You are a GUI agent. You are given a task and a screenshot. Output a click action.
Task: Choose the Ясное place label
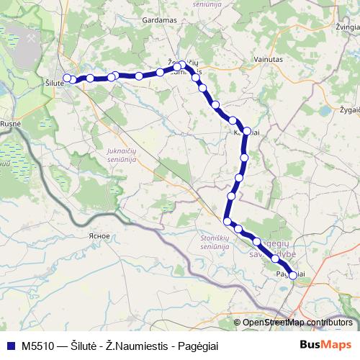[x=97, y=236]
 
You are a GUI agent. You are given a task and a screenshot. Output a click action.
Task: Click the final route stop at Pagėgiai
[x=292, y=275]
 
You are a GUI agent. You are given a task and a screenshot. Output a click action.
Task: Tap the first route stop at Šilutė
[x=67, y=78]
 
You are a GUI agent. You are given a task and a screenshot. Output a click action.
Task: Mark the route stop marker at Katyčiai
[x=247, y=132]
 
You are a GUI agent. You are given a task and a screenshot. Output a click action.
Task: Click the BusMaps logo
[x=325, y=345]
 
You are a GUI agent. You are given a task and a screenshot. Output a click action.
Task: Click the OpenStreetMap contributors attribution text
[x=297, y=323]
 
